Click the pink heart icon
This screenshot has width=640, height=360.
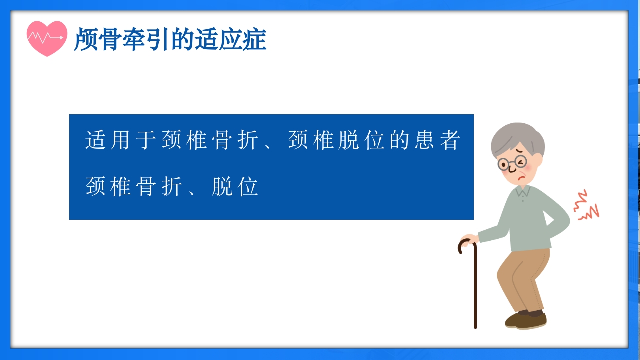pyautogui.click(x=47, y=38)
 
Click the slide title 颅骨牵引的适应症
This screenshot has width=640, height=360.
pyautogui.click(x=170, y=40)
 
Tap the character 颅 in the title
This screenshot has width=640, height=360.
pyautogui.click(x=85, y=40)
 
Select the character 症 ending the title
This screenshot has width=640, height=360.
pyautogui.click(x=255, y=40)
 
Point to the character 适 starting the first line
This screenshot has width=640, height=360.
pyautogui.click(x=97, y=140)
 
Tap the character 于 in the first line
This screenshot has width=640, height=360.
pyautogui.click(x=147, y=140)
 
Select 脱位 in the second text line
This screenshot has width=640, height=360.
pyautogui.click(x=235, y=187)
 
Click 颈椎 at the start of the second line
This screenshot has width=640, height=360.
pyautogui.click(x=109, y=187)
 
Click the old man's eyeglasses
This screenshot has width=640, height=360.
pyautogui.click(x=511, y=163)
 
